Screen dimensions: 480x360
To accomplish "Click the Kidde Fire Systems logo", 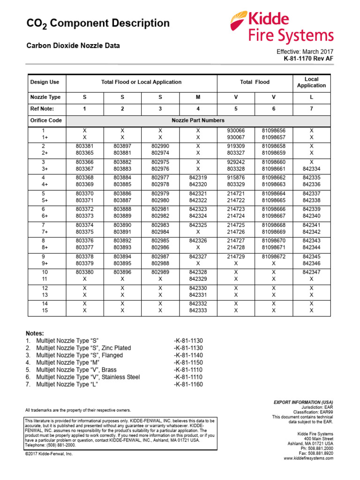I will coord(282,28).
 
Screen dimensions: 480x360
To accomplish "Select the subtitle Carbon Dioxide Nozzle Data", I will coord(73,45).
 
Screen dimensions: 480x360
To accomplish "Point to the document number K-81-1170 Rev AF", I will coord(308,59).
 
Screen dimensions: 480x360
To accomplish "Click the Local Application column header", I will coord(311,82).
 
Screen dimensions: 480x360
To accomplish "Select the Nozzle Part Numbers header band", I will coord(198,120).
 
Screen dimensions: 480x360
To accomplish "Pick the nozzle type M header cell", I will coord(198,97).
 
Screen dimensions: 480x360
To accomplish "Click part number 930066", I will coord(236,130).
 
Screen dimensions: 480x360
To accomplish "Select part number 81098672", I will coord(274,257).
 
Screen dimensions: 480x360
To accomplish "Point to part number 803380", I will coord(84,272).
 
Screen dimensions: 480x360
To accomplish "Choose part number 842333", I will coord(198,310).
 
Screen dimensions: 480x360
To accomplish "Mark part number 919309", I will coord(236,146).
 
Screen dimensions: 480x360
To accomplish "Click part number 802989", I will coord(160,272).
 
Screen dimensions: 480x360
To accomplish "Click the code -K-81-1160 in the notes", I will coord(188,384).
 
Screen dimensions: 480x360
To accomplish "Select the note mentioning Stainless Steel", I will coord(88,377).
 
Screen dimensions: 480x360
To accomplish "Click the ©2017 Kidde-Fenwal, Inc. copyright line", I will coord(49,454).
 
